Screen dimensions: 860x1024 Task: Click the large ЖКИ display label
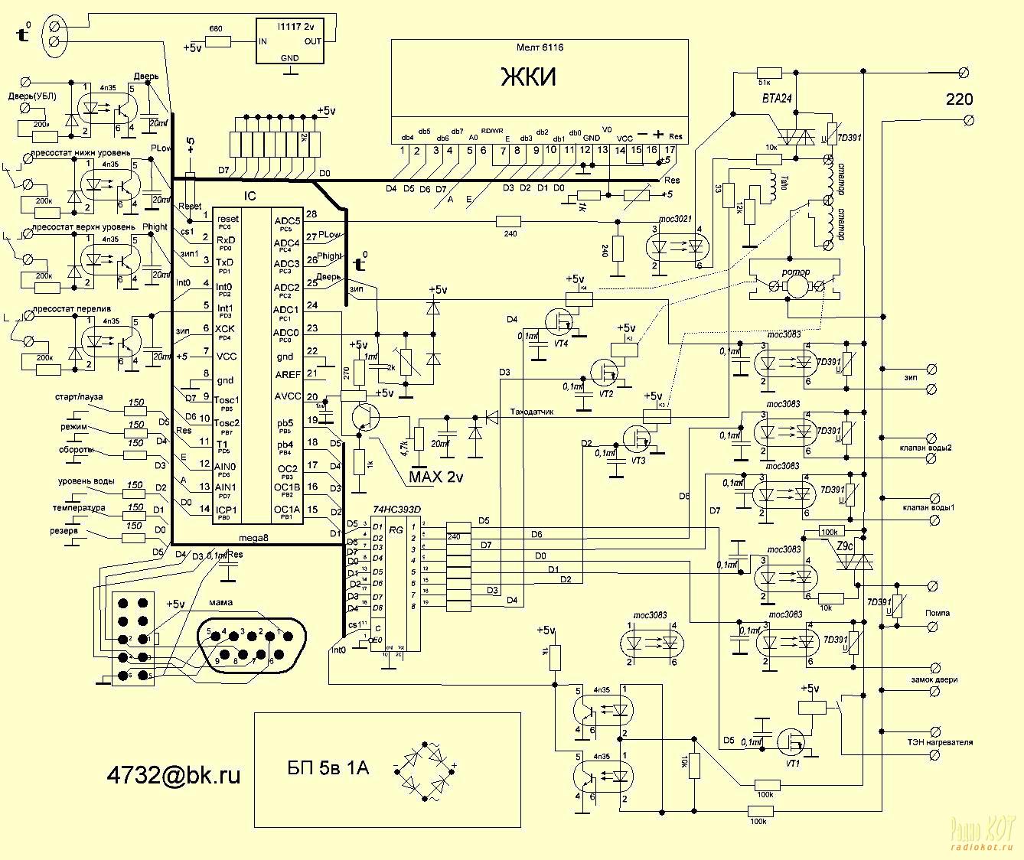[x=528, y=77]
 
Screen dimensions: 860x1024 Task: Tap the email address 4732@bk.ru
[x=174, y=774]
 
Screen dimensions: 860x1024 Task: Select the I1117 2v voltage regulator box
[x=290, y=41]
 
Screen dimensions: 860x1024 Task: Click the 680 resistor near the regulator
[x=217, y=41]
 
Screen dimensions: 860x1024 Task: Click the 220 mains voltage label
[x=959, y=99]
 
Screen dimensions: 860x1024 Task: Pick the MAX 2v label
[x=436, y=477]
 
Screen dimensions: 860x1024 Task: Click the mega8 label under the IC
[x=255, y=537]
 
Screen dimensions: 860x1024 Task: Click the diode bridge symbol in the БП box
[x=426, y=765]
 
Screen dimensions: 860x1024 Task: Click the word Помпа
[x=938, y=613]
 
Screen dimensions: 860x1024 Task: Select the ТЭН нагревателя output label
[x=940, y=742]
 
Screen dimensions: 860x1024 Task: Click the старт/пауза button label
[x=78, y=398]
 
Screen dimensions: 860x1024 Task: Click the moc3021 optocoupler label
[x=676, y=219]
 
